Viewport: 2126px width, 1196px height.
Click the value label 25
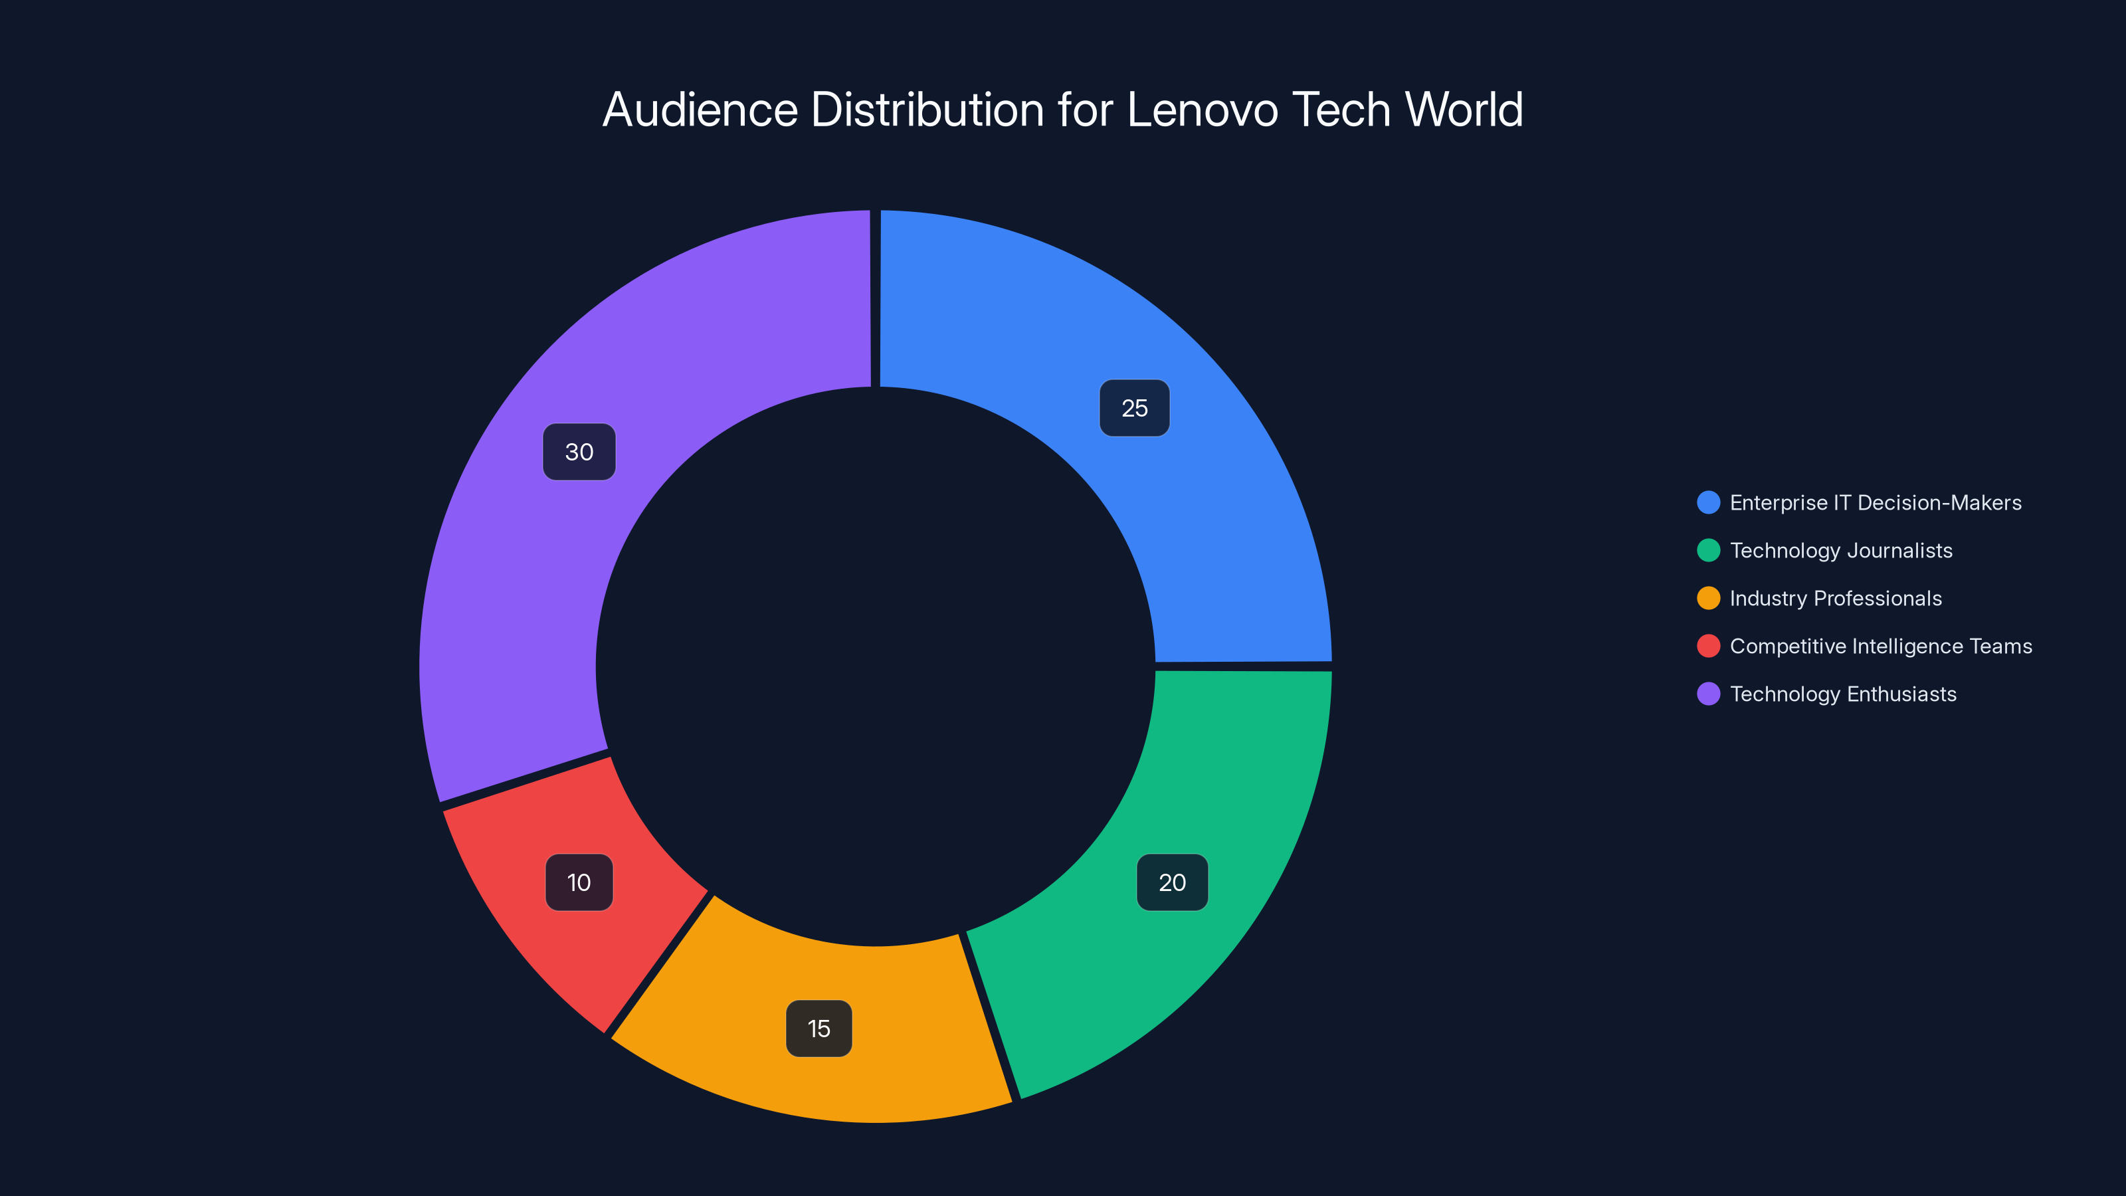[1134, 408]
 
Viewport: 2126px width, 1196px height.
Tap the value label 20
[1172, 882]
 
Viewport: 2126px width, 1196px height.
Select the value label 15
[819, 1029]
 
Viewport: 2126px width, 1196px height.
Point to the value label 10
[579, 882]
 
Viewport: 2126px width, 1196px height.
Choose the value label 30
[579, 452]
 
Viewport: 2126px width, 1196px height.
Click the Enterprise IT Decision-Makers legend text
[1875, 503]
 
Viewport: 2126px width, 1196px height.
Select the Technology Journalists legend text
[1840, 551]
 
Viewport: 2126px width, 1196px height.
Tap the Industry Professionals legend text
[1836, 599]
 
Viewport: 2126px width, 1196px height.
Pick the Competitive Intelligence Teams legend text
[1880, 647]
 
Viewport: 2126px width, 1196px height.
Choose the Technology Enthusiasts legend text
[1843, 694]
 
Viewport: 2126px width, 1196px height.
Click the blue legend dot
[1708, 503]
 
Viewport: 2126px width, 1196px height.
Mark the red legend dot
[1708, 647]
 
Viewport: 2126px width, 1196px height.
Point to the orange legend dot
[1708, 599]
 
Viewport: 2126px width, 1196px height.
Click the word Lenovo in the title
[1202, 110]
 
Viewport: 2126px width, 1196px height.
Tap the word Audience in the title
[700, 110]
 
